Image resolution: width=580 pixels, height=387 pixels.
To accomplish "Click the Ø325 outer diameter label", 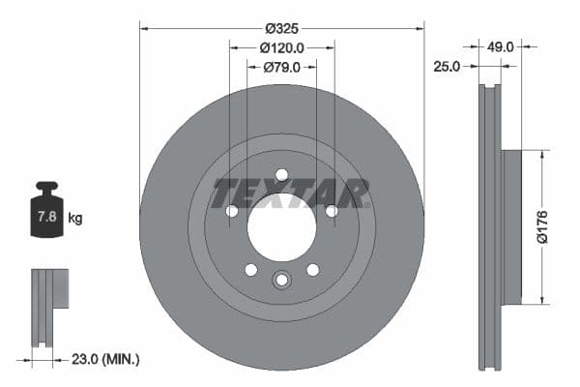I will coord(281,28).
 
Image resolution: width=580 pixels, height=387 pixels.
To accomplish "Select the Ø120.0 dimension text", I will coord(281,47).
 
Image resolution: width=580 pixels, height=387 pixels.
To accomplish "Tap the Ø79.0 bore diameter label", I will coord(281,67).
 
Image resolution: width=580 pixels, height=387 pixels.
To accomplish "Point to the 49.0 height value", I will coord(501,45).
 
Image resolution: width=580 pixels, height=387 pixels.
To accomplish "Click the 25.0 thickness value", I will coord(446,66).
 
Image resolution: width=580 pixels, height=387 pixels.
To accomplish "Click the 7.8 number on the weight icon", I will coord(46,218).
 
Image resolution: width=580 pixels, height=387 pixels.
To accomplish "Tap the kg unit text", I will coord(75,219).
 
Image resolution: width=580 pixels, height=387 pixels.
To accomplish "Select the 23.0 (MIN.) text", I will coord(105,359).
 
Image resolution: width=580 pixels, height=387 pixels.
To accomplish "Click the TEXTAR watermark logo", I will coord(291,193).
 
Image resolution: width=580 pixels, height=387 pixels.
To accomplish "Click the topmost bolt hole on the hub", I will coord(281,175).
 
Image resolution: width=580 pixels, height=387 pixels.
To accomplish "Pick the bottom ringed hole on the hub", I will coord(281,280).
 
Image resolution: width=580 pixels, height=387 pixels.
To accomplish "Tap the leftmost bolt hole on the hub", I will coord(232,211).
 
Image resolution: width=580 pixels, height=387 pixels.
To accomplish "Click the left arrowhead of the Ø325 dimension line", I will coord(143,28).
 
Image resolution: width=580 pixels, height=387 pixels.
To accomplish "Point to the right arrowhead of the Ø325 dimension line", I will coord(420,28).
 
